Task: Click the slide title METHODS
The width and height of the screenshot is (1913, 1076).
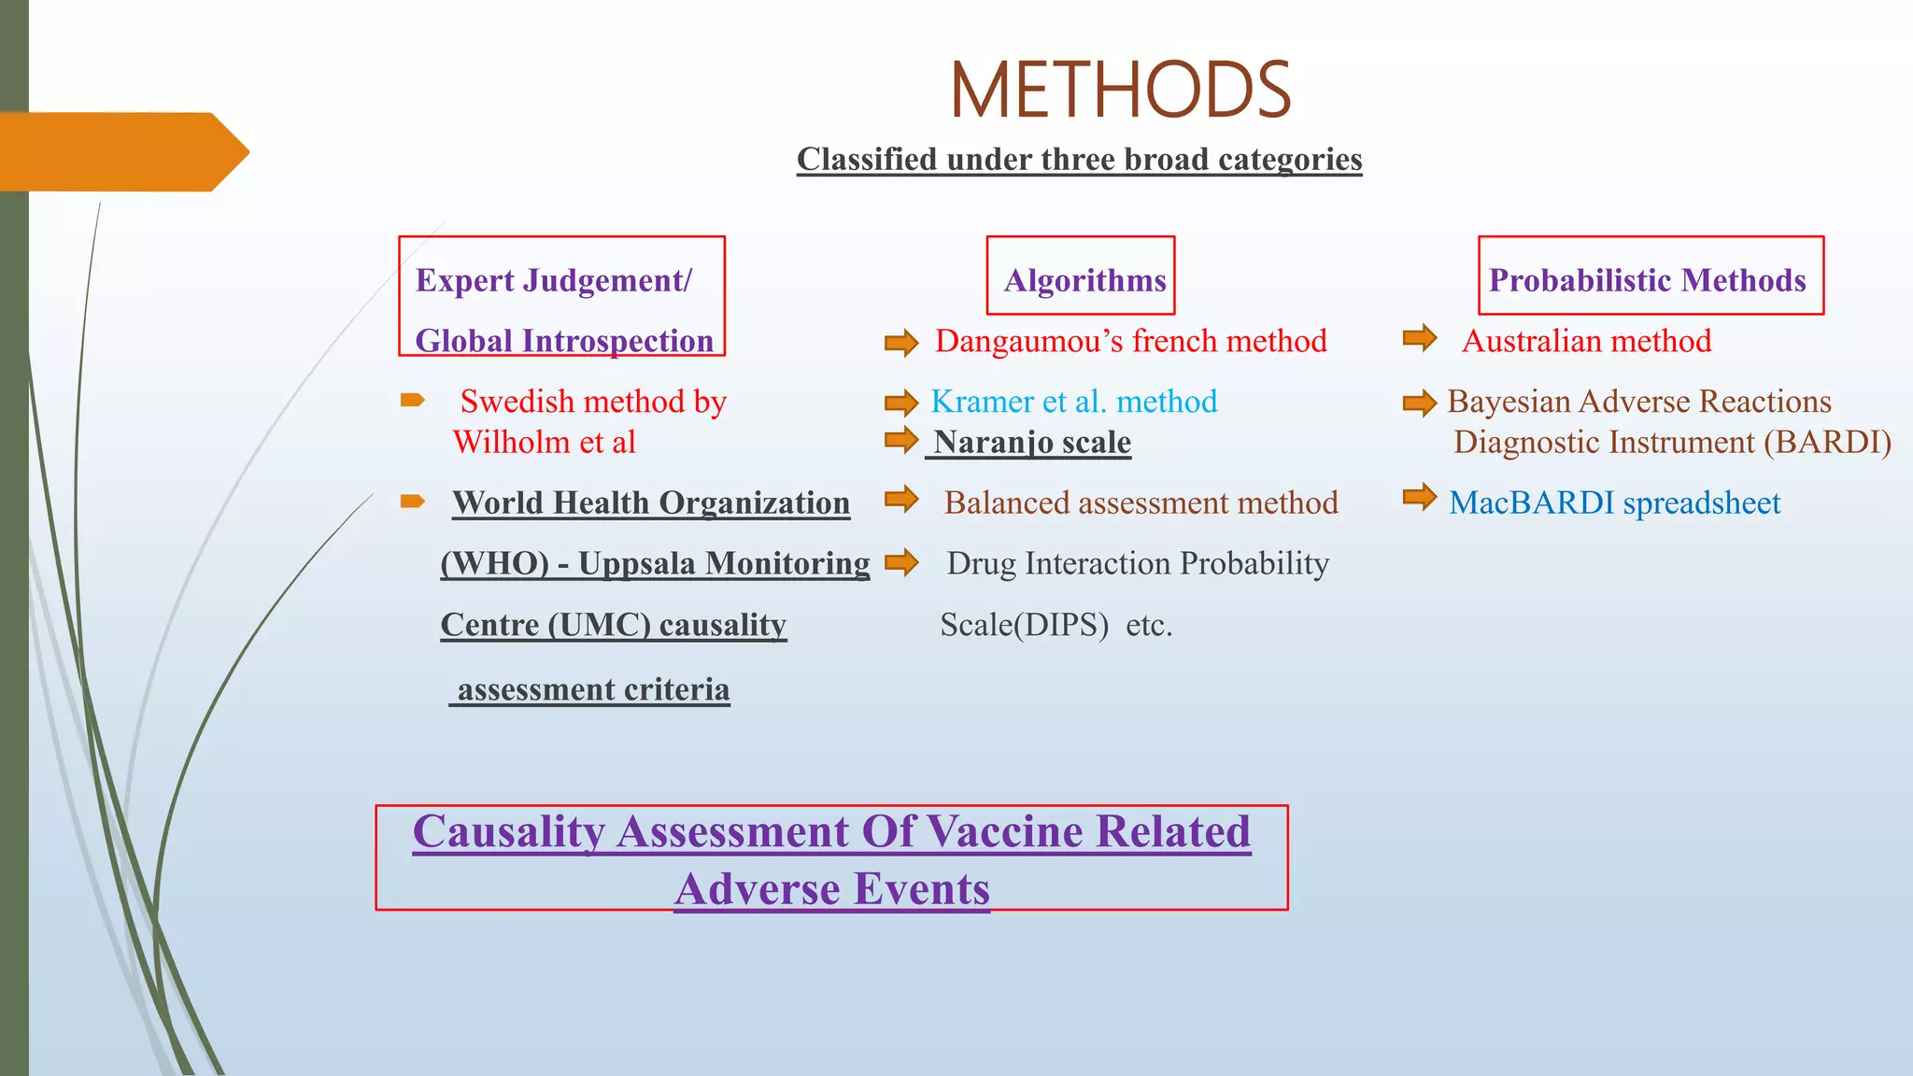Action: (x=1120, y=90)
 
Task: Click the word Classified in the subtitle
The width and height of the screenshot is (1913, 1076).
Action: (x=867, y=160)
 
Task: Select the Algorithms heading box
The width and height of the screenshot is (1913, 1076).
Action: (x=1081, y=276)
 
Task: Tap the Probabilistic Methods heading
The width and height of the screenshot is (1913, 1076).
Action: (x=1649, y=279)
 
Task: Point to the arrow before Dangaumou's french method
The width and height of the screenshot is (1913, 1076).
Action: (x=901, y=343)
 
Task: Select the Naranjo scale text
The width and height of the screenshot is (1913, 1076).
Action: (x=1032, y=442)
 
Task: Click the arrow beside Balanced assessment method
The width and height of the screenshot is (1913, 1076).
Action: (x=901, y=500)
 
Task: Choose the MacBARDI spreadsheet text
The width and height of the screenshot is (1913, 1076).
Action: (x=1614, y=503)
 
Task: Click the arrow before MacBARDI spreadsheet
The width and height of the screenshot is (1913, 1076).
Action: (x=1419, y=497)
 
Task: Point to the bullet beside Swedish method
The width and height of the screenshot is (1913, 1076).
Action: (x=412, y=401)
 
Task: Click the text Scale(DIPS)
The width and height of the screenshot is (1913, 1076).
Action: (x=1024, y=625)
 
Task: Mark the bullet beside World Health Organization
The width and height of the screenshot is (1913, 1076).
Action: (x=412, y=502)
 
